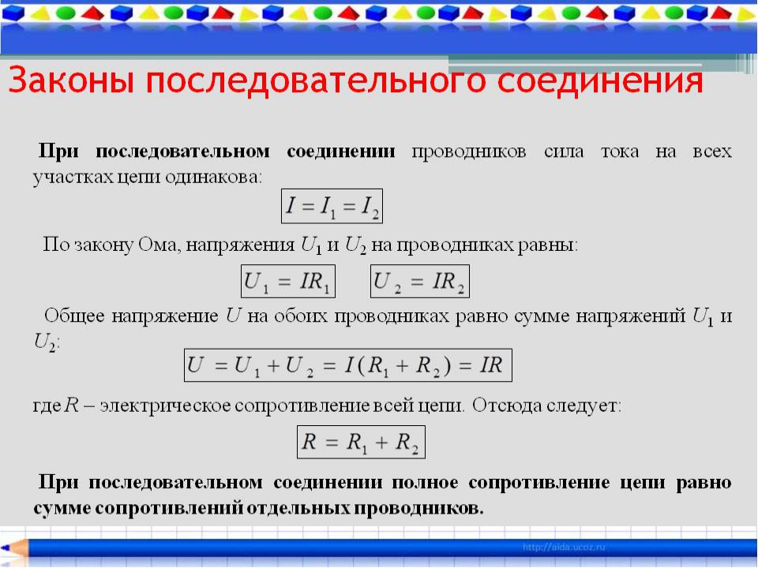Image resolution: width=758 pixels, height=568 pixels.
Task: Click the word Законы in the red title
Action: coord(71,80)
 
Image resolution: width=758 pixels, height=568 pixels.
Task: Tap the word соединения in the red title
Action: coord(600,80)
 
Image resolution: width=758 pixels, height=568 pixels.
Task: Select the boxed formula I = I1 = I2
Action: coord(332,206)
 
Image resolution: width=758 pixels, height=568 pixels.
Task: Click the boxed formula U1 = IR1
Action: coord(287,281)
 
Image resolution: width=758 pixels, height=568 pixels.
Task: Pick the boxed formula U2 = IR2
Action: coord(419,281)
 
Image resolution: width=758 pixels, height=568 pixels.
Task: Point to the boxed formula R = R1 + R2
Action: coord(361,442)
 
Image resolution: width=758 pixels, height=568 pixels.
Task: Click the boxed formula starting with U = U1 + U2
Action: coord(348,365)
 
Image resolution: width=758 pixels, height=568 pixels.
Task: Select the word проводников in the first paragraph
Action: coord(469,151)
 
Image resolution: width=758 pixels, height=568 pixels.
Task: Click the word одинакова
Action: coord(213,177)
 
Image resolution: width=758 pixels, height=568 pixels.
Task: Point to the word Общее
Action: coord(74,316)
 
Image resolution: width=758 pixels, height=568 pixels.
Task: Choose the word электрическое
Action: coord(165,405)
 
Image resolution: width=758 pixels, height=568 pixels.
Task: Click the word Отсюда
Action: coord(506,405)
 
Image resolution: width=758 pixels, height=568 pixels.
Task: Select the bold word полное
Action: coord(425,483)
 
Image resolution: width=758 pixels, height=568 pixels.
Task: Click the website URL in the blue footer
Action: coord(564,547)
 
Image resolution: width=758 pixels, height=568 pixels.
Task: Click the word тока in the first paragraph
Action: coord(620,151)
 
